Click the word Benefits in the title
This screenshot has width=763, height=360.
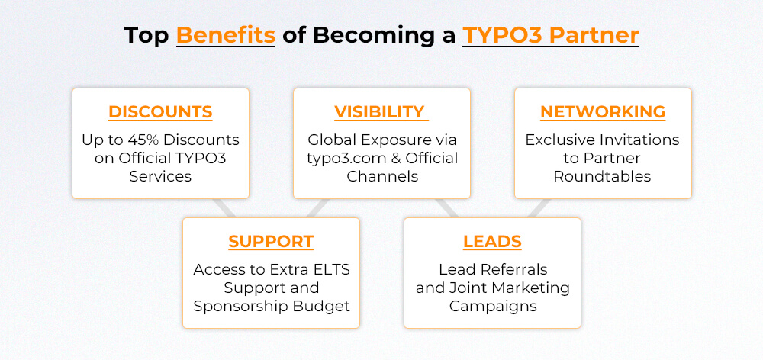pos(225,35)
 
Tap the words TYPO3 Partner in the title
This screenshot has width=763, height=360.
pos(550,35)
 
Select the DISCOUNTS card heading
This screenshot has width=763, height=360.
pos(160,111)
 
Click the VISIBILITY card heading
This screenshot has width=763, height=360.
pos(379,111)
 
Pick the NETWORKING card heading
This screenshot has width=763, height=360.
pos(603,111)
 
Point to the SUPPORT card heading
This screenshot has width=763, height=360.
pos(271,242)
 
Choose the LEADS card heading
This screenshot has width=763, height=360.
pos(492,242)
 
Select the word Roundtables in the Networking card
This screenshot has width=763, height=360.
pos(603,176)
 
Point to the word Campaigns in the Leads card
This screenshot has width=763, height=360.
pos(492,306)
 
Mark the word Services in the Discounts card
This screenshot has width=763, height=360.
pos(160,176)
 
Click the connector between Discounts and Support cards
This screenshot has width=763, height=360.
pos(224,207)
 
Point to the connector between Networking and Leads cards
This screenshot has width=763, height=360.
pos(539,207)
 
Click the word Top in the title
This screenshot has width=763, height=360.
pos(146,35)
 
